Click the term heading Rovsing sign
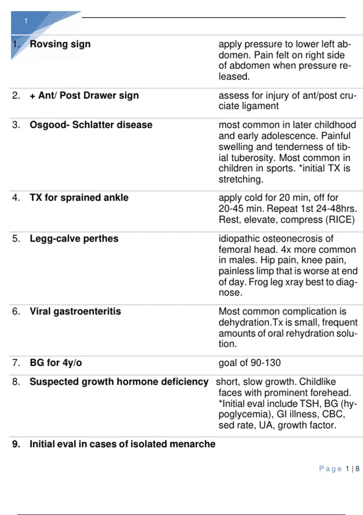pos(60,44)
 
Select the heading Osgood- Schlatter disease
pos(91,125)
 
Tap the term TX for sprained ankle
pos(79,198)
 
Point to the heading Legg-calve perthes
pos(74,238)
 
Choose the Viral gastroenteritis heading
pos(75,311)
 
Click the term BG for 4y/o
pos(56,363)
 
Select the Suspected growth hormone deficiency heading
pos(119,382)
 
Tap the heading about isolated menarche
pos(122,444)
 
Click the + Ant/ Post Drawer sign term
pos(84,95)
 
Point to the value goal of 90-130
pos(250,363)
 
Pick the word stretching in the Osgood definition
pos(240,179)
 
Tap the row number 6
pos(16,311)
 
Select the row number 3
pos(16,125)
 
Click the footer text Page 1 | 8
pos(339,469)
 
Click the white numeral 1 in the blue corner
pos(26,21)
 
